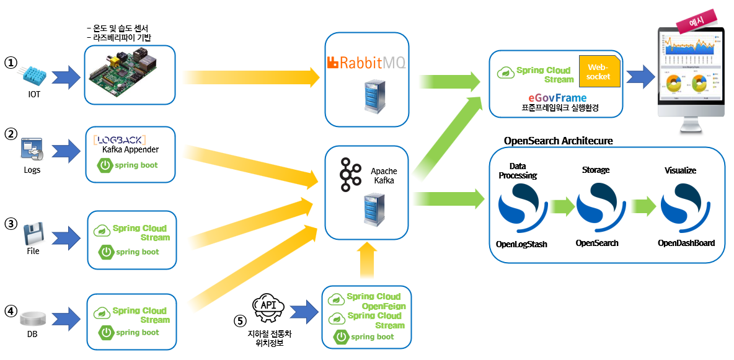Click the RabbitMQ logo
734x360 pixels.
pos(366,62)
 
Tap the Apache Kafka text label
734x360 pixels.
pos(384,175)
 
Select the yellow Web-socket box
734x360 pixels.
pos(598,72)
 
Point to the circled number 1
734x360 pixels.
pos(10,63)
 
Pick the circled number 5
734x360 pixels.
pos(239,320)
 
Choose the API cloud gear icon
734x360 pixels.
pos(268,308)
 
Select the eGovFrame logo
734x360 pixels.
pos(557,98)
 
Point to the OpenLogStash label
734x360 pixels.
pos(521,244)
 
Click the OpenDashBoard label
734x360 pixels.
pos(686,243)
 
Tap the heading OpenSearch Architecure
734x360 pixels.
pos(558,141)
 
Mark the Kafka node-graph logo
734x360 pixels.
pos(351,175)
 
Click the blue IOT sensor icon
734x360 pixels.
pos(32,76)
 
